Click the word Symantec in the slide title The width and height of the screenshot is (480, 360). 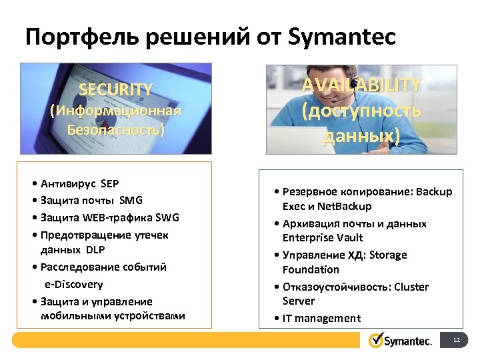[x=343, y=37]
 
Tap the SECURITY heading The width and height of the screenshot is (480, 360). [x=116, y=89]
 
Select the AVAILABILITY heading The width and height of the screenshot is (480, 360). [x=361, y=85]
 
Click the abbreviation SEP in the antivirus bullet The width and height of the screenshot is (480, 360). [x=109, y=183]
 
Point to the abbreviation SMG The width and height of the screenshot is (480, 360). [x=131, y=200]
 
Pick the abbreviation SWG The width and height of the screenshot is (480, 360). [x=167, y=217]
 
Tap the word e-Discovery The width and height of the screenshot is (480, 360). [x=74, y=284]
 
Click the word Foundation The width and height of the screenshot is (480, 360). [x=311, y=269]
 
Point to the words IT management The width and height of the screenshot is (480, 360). [x=321, y=318]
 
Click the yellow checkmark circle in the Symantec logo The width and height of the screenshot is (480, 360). [x=377, y=340]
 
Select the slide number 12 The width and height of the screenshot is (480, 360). [x=457, y=341]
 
